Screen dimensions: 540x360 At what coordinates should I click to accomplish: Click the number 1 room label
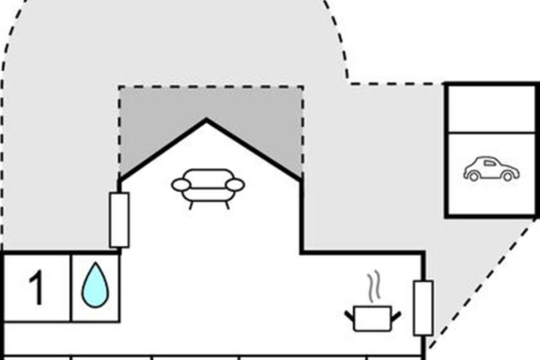pyautogui.click(x=36, y=288)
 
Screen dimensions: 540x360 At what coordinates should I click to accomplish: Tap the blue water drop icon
pyautogui.click(x=95, y=285)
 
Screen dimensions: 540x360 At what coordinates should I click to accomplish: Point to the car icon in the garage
pyautogui.click(x=491, y=169)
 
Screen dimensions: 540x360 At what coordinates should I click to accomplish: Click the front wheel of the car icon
pyautogui.click(x=508, y=177)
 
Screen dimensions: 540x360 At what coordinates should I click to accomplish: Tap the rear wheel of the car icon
pyautogui.click(x=474, y=177)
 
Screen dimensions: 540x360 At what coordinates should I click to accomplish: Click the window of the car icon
pyautogui.click(x=490, y=163)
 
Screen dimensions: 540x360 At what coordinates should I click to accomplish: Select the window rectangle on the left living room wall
pyautogui.click(x=119, y=220)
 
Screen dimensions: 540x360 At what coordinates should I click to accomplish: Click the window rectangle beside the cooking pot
pyautogui.click(x=423, y=308)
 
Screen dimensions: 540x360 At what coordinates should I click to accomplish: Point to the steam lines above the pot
pyautogui.click(x=373, y=287)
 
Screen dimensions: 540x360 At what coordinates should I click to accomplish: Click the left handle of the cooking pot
pyautogui.click(x=350, y=316)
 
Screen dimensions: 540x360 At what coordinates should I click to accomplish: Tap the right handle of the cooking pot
pyautogui.click(x=396, y=316)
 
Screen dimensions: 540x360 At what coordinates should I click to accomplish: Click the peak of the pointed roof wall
pyautogui.click(x=206, y=120)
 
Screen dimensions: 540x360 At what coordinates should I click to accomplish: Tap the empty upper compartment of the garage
pyautogui.click(x=491, y=109)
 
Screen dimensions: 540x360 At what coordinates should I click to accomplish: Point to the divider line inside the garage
pyautogui.click(x=491, y=132)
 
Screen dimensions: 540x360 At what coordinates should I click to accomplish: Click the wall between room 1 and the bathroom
pyautogui.click(x=71, y=288)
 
